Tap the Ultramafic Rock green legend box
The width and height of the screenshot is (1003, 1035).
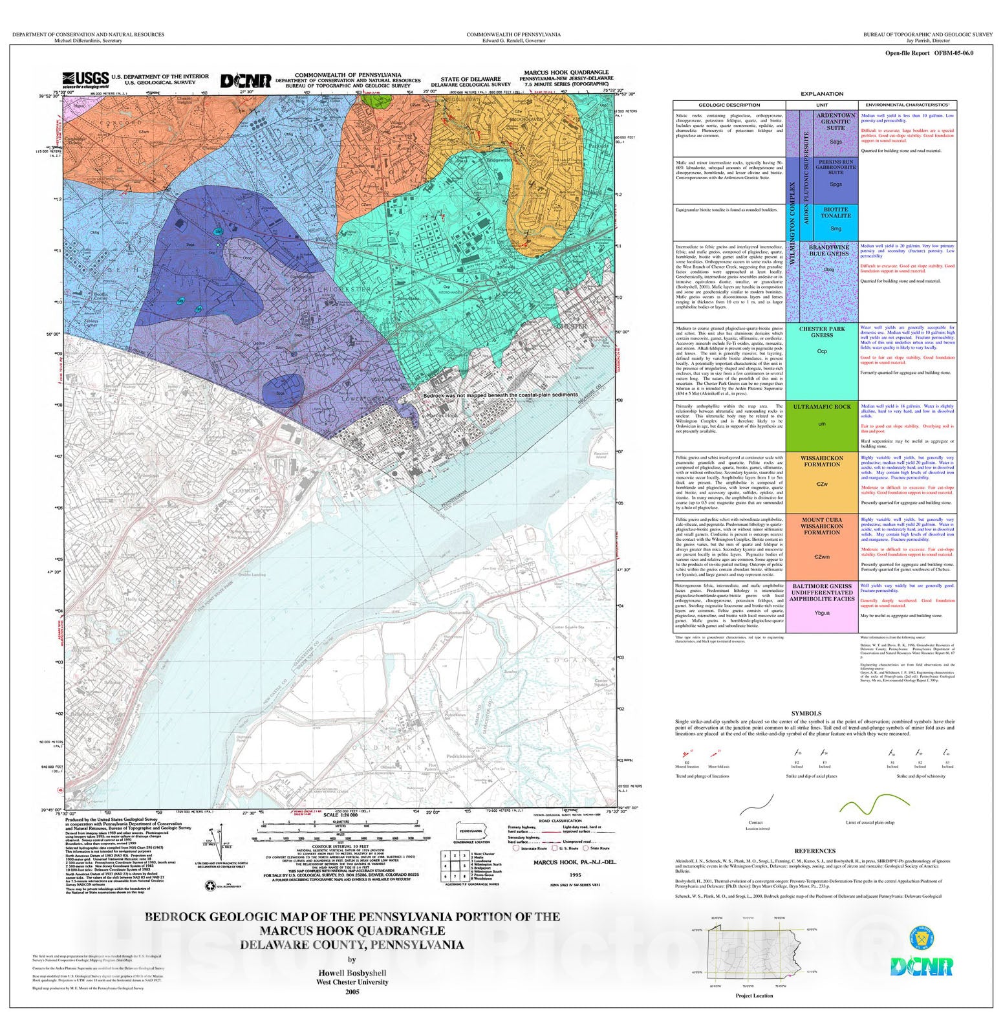pyautogui.click(x=821, y=426)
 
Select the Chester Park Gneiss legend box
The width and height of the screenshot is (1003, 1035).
pyautogui.click(x=821, y=361)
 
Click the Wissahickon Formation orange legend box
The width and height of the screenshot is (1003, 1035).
pyautogui.click(x=821, y=483)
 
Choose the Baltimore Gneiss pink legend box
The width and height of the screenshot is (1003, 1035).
pyautogui.click(x=821, y=606)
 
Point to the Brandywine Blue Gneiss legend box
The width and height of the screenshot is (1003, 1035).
pyautogui.click(x=829, y=283)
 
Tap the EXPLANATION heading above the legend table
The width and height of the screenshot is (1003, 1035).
pyautogui.click(x=821, y=94)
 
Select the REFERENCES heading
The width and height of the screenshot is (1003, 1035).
pyautogui.click(x=815, y=851)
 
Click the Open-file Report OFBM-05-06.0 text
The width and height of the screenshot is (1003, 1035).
pyautogui.click(x=929, y=53)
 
